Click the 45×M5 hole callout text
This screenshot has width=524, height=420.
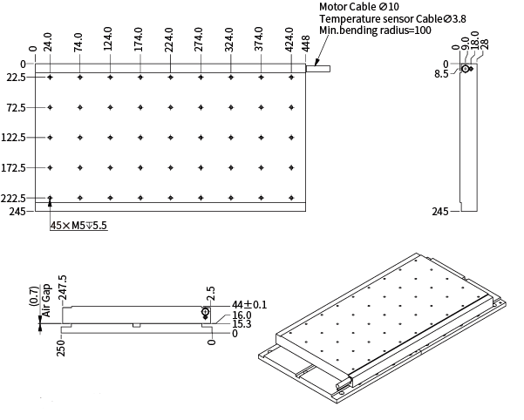pos(78,225)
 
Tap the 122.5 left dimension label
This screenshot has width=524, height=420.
pos(17,138)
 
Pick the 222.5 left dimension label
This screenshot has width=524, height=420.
pos(17,199)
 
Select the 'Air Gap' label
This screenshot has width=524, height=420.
pos(47,306)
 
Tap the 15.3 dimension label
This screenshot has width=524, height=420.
pos(242,325)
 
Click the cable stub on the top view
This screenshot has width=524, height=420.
pos(318,65)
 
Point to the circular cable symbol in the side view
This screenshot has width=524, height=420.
pos(466,68)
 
